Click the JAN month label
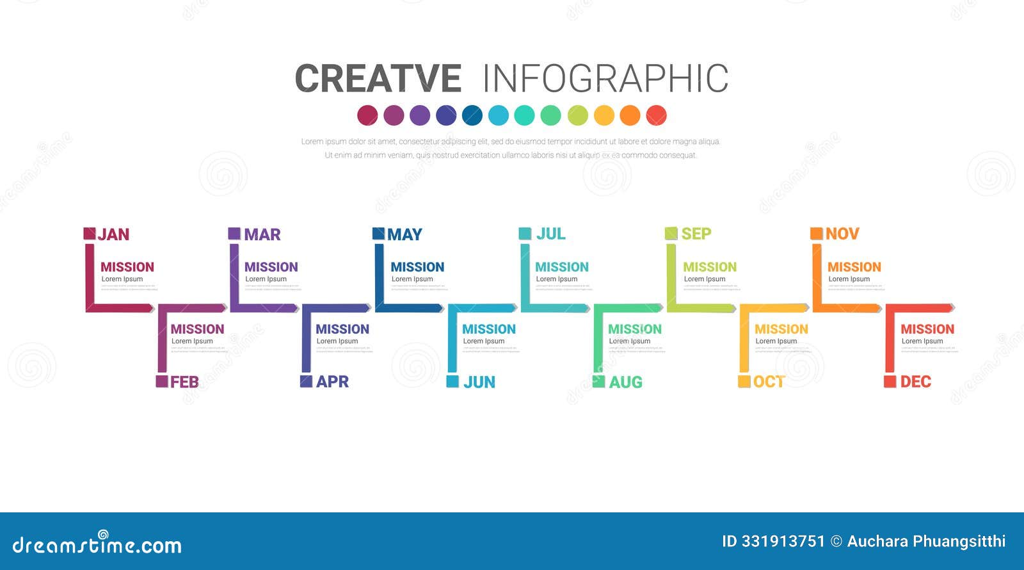[113, 234]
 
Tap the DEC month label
[915, 382]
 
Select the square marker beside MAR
[234, 233]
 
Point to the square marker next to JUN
[452, 382]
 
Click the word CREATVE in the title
[378, 79]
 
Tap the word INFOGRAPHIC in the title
[605, 79]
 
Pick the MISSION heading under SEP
[709, 267]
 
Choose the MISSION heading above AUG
[634, 329]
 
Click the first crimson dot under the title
[367, 115]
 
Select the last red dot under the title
[657, 115]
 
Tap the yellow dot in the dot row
[604, 115]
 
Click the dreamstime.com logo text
[97, 545]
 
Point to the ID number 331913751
[783, 541]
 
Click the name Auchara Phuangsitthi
[926, 541]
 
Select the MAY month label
[404, 234]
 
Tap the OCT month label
[769, 382]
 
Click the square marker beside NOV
[817, 233]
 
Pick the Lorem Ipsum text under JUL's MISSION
[556, 279]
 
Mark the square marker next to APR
[307, 381]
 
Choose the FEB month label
[184, 382]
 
